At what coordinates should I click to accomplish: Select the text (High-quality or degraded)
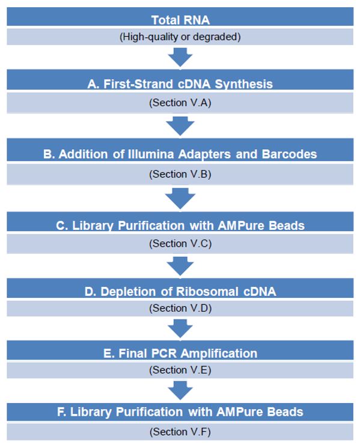pyautogui.click(x=180, y=37)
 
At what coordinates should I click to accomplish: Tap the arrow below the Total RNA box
pyautogui.click(x=180, y=57)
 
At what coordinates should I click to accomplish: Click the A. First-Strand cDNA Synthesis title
pyautogui.click(x=180, y=84)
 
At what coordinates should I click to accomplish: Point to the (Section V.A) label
pyautogui.click(x=180, y=102)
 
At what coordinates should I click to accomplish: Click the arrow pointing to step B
pyautogui.click(x=180, y=126)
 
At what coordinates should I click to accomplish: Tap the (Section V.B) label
pyautogui.click(x=180, y=174)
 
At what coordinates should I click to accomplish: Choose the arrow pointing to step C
pyautogui.click(x=180, y=198)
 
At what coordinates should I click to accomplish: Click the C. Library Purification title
pyautogui.click(x=180, y=226)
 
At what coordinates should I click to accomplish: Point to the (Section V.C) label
pyautogui.click(x=180, y=244)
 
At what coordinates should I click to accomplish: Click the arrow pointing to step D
pyautogui.click(x=180, y=266)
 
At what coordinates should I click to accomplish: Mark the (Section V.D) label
pyautogui.click(x=180, y=308)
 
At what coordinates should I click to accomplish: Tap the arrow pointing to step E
pyautogui.click(x=180, y=328)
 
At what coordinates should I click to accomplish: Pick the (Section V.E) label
pyautogui.click(x=180, y=370)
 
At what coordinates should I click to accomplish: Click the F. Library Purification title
pyautogui.click(x=180, y=412)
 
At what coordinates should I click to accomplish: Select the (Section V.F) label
pyautogui.click(x=180, y=431)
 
